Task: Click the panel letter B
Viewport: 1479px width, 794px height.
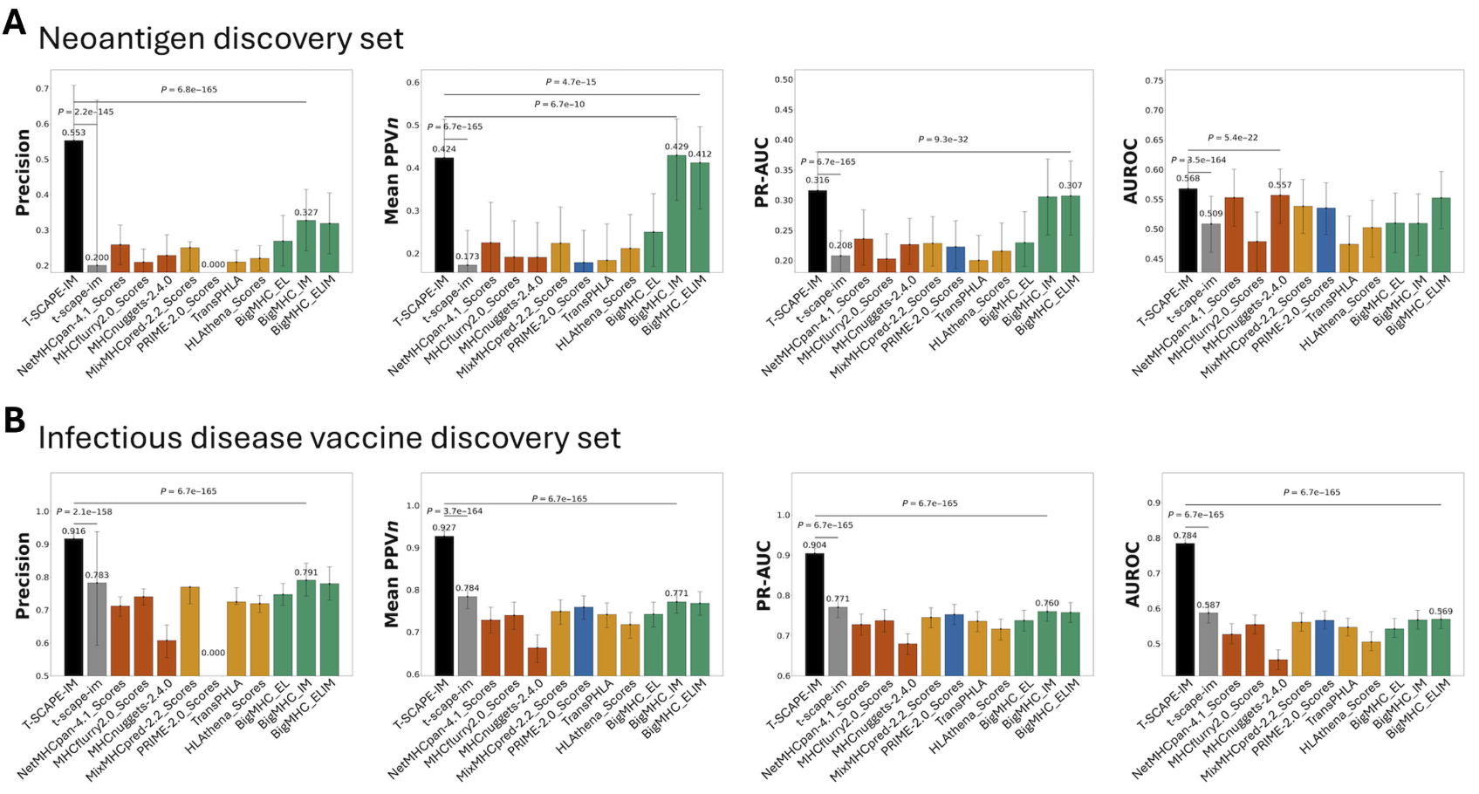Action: point(14,420)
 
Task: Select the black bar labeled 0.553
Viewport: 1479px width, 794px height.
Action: point(74,206)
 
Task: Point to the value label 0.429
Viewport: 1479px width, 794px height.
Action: point(676,147)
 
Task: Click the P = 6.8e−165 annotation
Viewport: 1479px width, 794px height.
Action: point(189,90)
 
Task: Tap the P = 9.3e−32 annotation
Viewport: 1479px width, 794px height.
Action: point(942,140)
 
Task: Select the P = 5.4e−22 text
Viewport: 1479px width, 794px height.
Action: point(1233,138)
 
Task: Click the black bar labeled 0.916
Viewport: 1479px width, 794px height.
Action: point(74,606)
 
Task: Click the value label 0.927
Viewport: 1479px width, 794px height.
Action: point(444,528)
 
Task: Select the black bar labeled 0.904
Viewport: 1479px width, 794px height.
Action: point(815,614)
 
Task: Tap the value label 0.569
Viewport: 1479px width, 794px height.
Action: point(1441,612)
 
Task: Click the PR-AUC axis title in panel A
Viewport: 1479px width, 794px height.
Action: point(762,172)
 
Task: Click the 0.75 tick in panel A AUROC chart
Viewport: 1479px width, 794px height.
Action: point(1154,80)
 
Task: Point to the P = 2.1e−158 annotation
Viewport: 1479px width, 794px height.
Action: point(85,512)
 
